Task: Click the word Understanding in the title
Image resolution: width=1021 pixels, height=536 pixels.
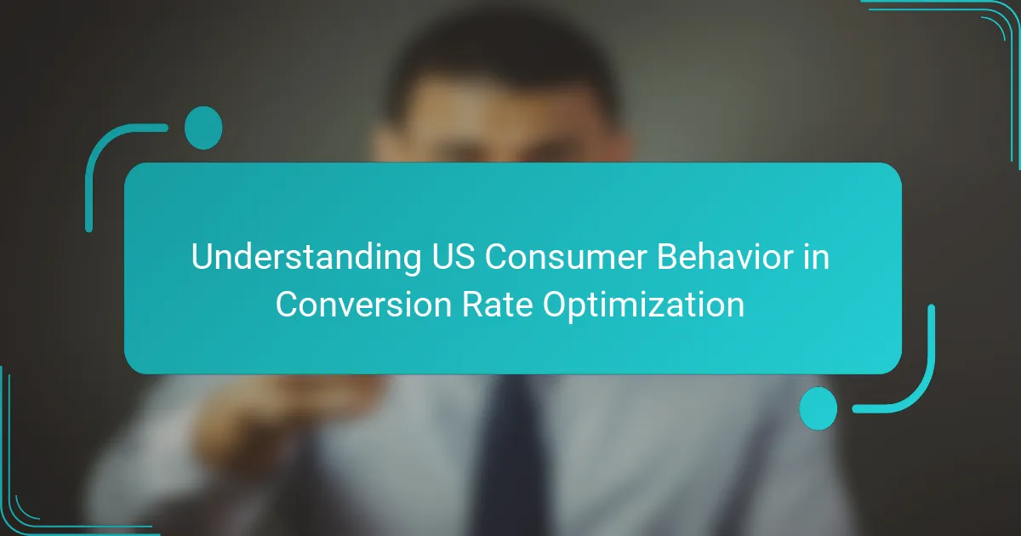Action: click(x=305, y=258)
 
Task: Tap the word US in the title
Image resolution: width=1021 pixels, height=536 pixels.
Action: click(x=453, y=257)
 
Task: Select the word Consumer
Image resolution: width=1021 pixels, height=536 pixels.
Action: click(x=566, y=257)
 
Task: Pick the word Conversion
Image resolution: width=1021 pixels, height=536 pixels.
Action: click(x=363, y=304)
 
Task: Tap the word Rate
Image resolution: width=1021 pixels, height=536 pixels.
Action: click(x=497, y=304)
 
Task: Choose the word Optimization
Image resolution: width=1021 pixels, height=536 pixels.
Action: click(x=643, y=305)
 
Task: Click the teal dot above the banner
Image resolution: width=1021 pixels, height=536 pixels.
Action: click(x=203, y=128)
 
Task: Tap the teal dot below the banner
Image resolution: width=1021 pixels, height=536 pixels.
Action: click(x=819, y=408)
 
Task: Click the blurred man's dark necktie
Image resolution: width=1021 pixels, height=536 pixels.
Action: click(x=510, y=456)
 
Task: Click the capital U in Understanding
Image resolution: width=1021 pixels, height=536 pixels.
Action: click(x=202, y=257)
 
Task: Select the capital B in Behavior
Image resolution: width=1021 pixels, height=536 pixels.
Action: click(x=668, y=257)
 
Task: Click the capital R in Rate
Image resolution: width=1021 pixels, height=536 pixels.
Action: click(x=473, y=304)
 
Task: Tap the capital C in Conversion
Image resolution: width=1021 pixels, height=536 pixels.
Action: click(x=288, y=304)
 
